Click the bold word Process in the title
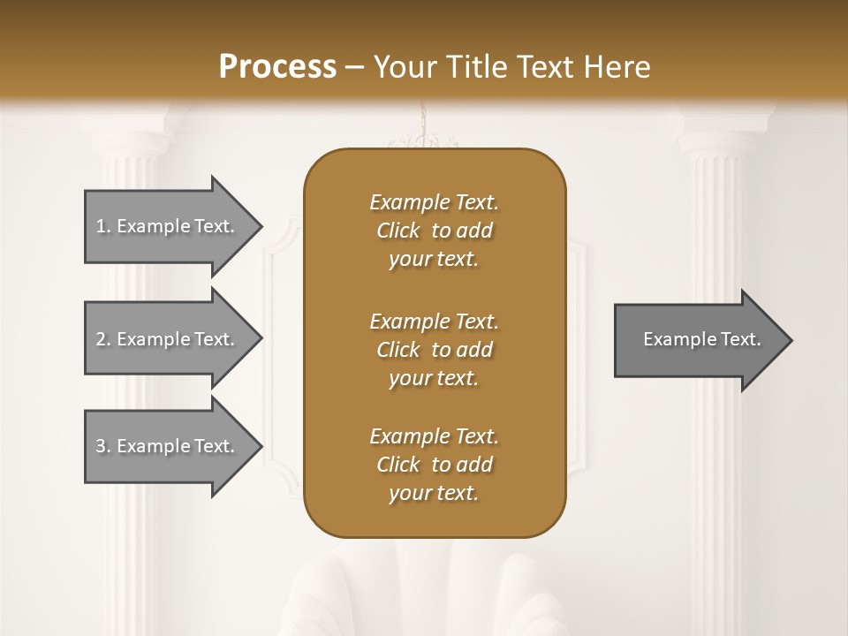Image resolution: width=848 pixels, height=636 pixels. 277,67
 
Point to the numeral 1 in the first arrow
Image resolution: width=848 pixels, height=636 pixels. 101,226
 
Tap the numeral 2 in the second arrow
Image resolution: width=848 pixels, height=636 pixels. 101,339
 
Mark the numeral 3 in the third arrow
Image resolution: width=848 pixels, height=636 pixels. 101,446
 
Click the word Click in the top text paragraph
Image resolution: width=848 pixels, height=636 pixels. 398,231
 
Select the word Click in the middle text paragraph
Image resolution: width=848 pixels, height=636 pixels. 398,350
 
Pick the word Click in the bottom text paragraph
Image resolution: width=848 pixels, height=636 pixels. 398,465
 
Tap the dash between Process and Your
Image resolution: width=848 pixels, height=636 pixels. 355,67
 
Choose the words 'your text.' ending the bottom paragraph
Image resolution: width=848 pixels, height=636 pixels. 434,494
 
